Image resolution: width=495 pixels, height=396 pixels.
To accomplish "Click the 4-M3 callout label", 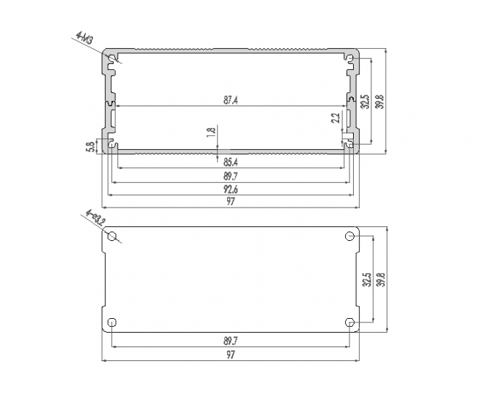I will (x=82, y=39).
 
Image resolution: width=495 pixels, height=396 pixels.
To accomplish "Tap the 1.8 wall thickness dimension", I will (x=211, y=132).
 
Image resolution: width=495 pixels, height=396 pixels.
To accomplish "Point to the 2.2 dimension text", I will (x=336, y=118).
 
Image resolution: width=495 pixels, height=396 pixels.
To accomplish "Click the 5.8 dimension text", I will (x=90, y=146).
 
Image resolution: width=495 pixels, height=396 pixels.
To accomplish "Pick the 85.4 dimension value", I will (x=230, y=162).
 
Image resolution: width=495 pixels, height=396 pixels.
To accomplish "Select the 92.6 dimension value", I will (x=230, y=189).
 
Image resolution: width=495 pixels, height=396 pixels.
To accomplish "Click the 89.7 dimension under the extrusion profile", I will (x=230, y=175).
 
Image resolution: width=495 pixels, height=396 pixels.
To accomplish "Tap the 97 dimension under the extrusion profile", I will (x=230, y=202).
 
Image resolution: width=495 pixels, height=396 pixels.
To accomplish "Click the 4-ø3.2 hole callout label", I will (x=95, y=218).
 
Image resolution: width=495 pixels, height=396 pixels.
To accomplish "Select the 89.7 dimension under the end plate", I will (x=230, y=340).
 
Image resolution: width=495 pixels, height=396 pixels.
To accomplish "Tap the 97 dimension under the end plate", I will (x=230, y=355).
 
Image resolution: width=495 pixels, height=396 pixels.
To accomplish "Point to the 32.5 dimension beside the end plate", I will (x=367, y=280).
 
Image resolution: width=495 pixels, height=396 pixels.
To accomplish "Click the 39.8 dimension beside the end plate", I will (x=379, y=280).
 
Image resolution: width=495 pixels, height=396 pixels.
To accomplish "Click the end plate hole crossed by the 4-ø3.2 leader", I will (x=112, y=237).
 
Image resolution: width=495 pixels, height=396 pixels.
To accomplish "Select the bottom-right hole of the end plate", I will (x=349, y=322).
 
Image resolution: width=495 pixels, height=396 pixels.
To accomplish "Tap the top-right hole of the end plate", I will (x=349, y=236).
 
